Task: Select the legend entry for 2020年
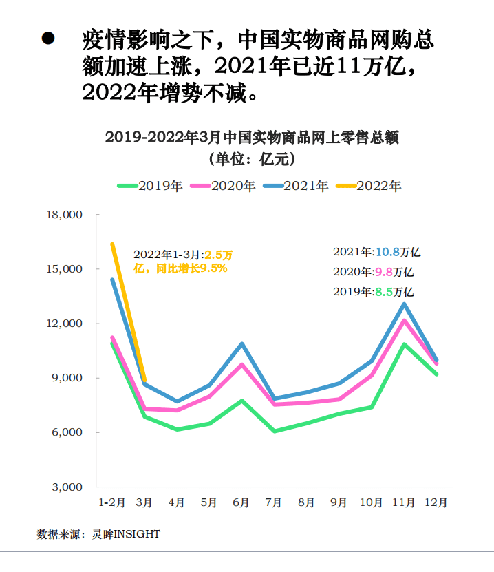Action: point(223,186)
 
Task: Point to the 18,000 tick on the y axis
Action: point(63,215)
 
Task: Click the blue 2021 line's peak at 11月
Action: point(404,304)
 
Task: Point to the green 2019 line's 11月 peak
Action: point(404,344)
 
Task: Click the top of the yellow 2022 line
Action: point(112,244)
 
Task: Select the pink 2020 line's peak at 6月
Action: point(241,364)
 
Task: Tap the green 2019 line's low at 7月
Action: point(274,431)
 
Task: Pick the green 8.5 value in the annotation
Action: point(384,291)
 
